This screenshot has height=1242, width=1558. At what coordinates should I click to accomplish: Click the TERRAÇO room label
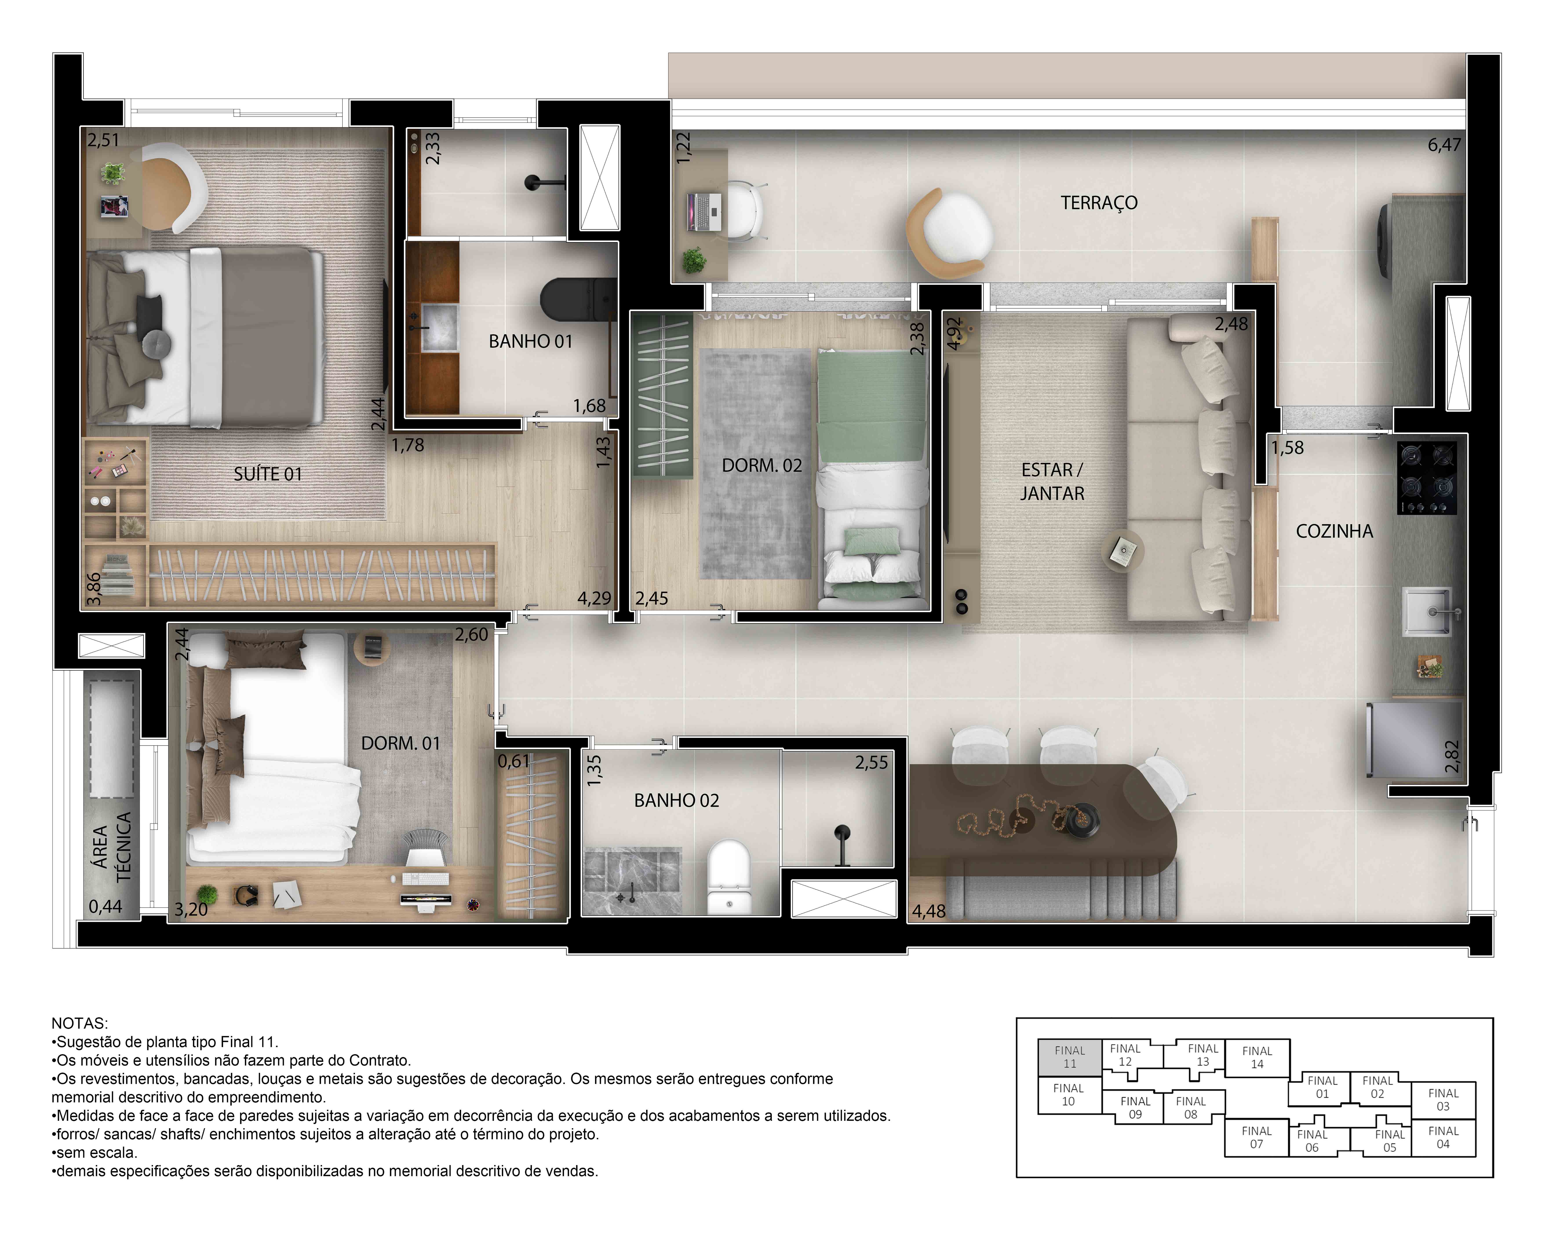tap(1098, 203)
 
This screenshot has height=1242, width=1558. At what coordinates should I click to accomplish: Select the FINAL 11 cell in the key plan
tap(1069, 1056)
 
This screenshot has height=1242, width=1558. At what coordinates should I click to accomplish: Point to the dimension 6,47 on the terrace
tap(1444, 145)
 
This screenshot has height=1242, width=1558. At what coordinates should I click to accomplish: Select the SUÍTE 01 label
tap(267, 474)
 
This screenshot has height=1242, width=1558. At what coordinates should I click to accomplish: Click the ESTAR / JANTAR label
tap(1052, 481)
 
